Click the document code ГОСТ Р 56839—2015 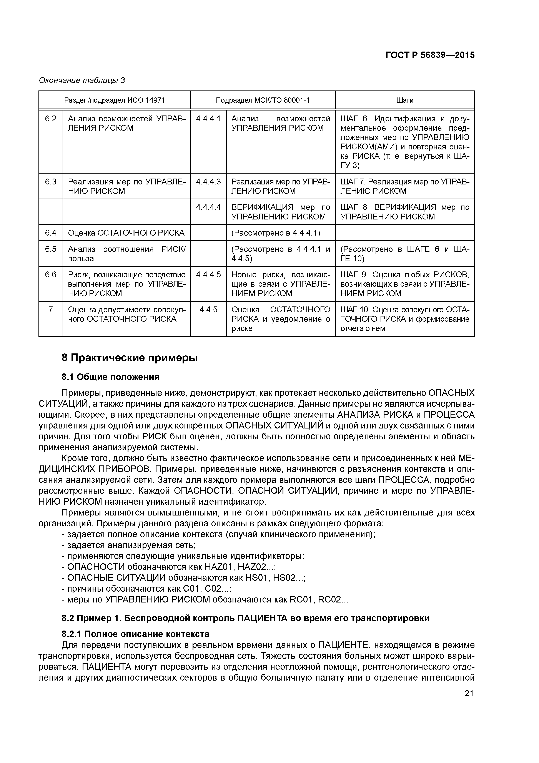tap(430, 55)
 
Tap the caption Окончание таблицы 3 tap(82, 80)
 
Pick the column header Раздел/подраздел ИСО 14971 tap(114, 100)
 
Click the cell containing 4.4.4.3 tap(208, 182)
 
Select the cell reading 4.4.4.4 tap(208, 207)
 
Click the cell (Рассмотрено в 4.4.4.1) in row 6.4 tap(276, 233)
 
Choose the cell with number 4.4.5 tap(208, 310)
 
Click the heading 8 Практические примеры tap(130, 358)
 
